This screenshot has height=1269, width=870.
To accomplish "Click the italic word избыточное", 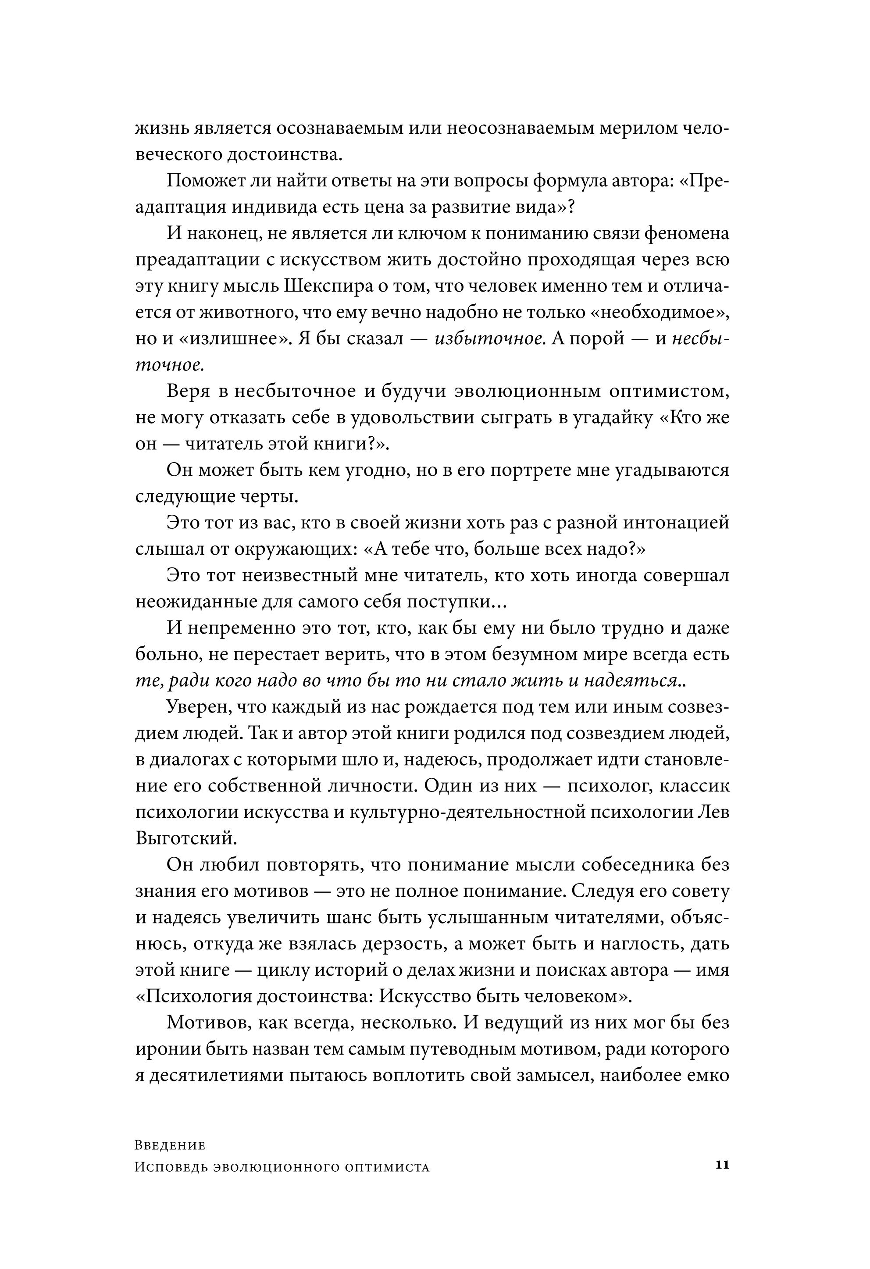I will coord(490,339).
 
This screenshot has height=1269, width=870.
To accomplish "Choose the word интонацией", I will coord(672,523).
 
